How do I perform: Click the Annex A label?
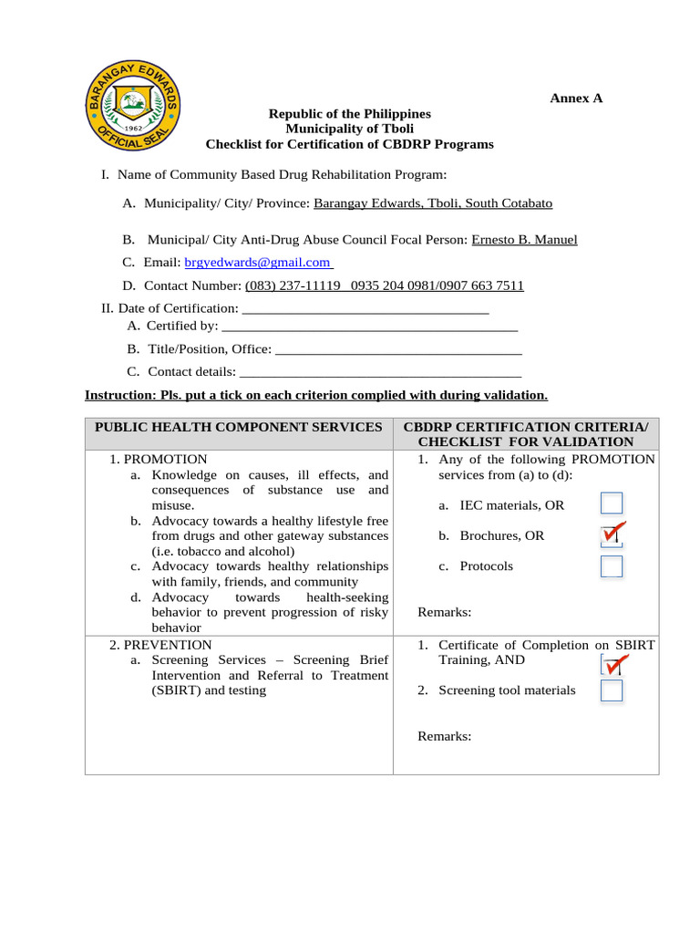pyautogui.click(x=575, y=99)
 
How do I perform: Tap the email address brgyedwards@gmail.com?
pyautogui.click(x=258, y=263)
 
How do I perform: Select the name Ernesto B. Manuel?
pyautogui.click(x=524, y=240)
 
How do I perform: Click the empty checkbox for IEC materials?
pyautogui.click(x=612, y=503)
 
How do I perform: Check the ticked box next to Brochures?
pyautogui.click(x=612, y=534)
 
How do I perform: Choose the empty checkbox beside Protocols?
pyautogui.click(x=612, y=566)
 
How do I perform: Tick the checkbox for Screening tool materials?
pyautogui.click(x=612, y=690)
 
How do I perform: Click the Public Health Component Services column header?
pyautogui.click(x=239, y=427)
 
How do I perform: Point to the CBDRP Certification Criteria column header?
pyautogui.click(x=526, y=434)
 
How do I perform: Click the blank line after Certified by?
pyautogui.click(x=369, y=327)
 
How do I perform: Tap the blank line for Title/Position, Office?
pyautogui.click(x=397, y=349)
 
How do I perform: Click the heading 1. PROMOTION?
pyautogui.click(x=159, y=460)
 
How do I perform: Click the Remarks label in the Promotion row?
pyautogui.click(x=445, y=612)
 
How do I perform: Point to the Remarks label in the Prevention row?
pyautogui.click(x=445, y=736)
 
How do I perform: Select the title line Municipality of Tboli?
pyautogui.click(x=349, y=129)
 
